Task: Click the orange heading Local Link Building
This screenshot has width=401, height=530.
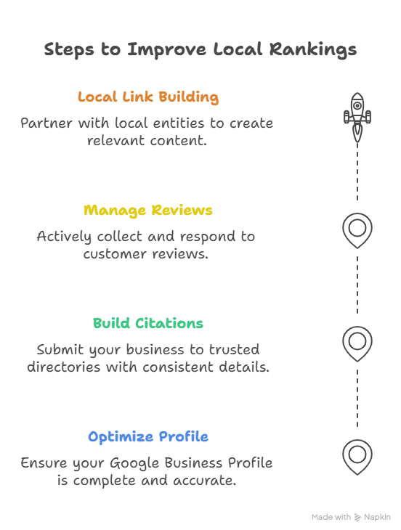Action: [148, 97]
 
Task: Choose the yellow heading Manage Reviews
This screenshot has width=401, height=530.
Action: [148, 211]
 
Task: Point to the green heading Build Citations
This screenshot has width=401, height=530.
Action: [148, 323]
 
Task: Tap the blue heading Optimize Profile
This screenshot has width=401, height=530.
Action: [148, 437]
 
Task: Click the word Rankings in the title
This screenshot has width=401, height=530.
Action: [313, 49]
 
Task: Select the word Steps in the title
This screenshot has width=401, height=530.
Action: [69, 49]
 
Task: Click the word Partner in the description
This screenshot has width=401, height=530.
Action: [46, 123]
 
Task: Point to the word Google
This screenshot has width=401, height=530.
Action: [134, 463]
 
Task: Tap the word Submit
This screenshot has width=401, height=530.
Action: [60, 349]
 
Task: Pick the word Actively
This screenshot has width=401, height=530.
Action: [64, 237]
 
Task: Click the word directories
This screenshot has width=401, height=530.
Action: [64, 367]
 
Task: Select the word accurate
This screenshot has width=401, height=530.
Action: [205, 481]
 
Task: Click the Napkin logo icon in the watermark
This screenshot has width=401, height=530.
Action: [357, 517]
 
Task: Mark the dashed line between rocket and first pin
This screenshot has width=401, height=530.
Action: [357, 171]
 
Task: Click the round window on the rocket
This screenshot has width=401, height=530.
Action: [357, 105]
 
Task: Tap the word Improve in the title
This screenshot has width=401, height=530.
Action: [166, 49]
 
